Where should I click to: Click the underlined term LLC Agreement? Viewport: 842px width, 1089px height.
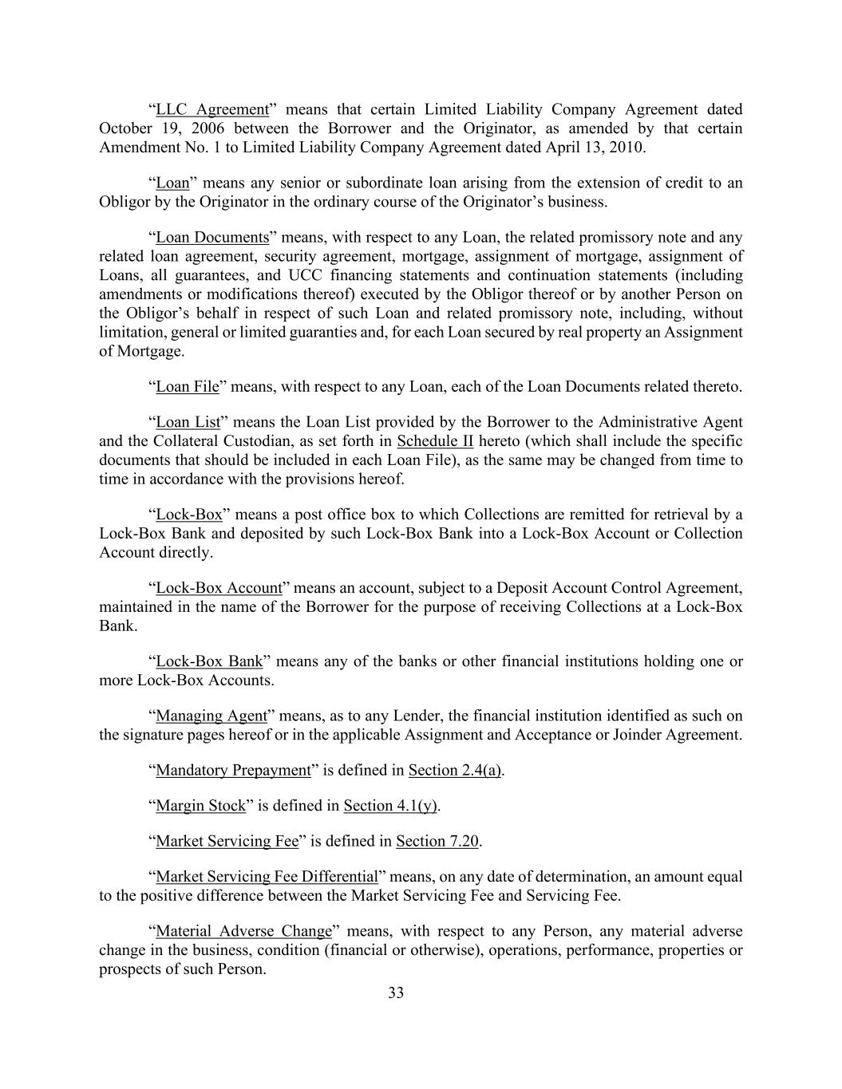(x=212, y=109)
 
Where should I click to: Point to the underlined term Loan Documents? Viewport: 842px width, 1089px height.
(x=212, y=237)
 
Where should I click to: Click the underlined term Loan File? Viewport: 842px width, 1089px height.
(x=188, y=387)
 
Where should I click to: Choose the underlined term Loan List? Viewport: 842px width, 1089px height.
(x=188, y=422)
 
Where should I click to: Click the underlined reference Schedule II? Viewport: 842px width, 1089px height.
(x=435, y=441)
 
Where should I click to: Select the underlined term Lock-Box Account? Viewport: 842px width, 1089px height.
(x=219, y=588)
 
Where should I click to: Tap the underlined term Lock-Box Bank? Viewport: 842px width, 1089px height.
(x=209, y=661)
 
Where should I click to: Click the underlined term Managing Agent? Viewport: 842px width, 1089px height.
(x=211, y=716)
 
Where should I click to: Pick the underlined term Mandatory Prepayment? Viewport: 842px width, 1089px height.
(x=233, y=770)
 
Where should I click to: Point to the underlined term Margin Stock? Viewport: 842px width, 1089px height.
(x=201, y=806)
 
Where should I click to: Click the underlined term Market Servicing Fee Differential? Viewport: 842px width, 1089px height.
(x=267, y=877)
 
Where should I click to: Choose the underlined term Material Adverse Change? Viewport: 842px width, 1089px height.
(x=243, y=931)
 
